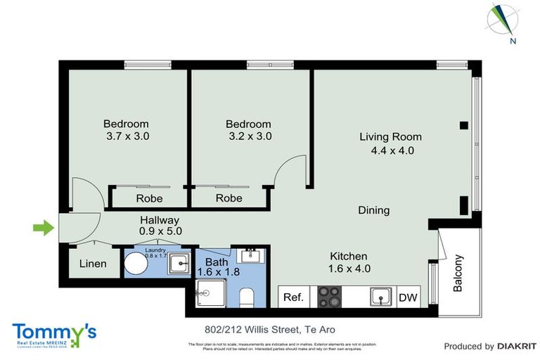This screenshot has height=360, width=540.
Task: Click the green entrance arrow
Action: pyautogui.click(x=44, y=227)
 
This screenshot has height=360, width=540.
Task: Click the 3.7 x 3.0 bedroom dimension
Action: pyautogui.click(x=127, y=136)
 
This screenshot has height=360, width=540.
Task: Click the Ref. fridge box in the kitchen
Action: pyautogui.click(x=293, y=297)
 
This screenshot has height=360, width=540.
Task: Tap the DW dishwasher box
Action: pyautogui.click(x=408, y=297)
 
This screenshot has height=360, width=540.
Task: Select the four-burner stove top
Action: pyautogui.click(x=330, y=297)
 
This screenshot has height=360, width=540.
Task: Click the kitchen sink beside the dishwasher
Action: pyautogui.click(x=380, y=297)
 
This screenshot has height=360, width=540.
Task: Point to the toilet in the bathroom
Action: pyautogui.click(x=247, y=297)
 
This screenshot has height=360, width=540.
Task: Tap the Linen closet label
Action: pyautogui.click(x=93, y=264)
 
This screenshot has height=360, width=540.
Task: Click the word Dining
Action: pyautogui.click(x=373, y=210)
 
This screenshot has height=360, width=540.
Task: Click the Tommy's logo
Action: pyautogui.click(x=54, y=334)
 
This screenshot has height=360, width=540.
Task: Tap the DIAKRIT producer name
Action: pyautogui.click(x=517, y=346)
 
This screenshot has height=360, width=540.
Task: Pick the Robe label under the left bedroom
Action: pyautogui.click(x=149, y=198)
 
